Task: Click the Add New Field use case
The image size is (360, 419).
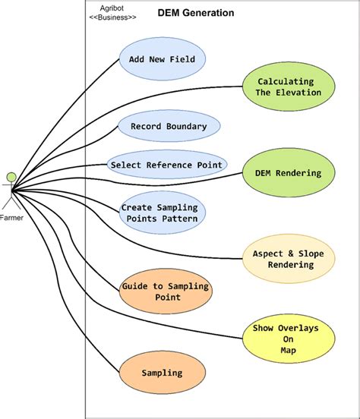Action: pos(163,59)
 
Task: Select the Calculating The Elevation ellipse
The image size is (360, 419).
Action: pos(288,87)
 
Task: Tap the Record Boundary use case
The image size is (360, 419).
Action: pos(168,126)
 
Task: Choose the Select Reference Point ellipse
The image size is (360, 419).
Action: pos(166,164)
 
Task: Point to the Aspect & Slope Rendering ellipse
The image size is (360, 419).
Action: pos(289,259)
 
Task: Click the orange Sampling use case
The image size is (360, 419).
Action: pos(162,373)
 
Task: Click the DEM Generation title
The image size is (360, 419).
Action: pos(196,14)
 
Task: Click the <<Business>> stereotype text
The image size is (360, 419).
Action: pos(112,17)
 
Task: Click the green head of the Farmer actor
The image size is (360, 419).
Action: pos(11,178)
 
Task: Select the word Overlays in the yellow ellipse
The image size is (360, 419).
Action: pos(305,329)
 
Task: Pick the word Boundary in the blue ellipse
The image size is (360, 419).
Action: pos(185,126)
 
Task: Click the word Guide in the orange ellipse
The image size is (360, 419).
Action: pos(135,287)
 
